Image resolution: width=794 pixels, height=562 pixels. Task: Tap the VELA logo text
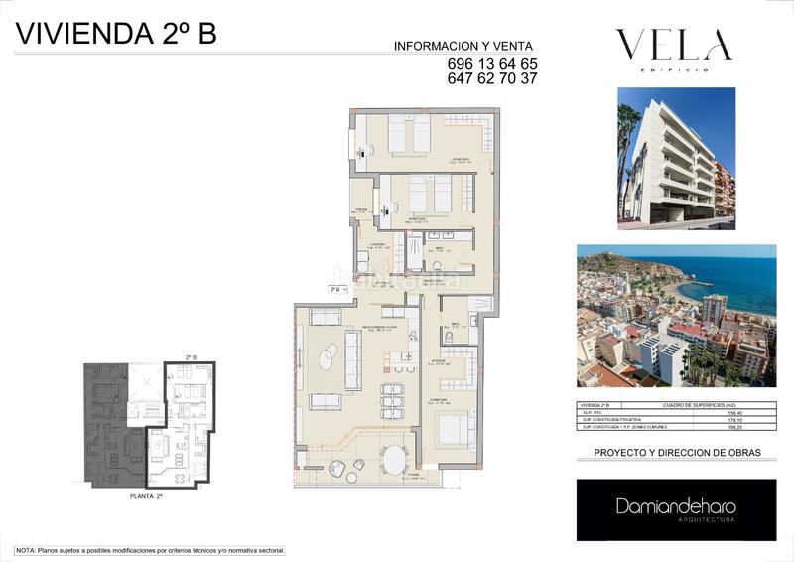click(x=674, y=45)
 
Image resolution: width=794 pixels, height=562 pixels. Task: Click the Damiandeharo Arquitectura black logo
click(x=676, y=509)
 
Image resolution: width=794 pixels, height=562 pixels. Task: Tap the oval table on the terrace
click(x=395, y=460)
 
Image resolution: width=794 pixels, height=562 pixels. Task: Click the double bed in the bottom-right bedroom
click(x=454, y=429)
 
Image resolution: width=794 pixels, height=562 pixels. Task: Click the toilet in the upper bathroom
click(x=437, y=267)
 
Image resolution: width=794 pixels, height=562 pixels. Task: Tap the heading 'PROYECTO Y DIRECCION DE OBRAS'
click(x=677, y=453)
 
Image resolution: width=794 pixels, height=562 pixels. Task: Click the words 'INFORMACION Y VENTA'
click(x=463, y=46)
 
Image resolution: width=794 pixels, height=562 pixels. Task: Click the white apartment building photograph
click(x=676, y=154)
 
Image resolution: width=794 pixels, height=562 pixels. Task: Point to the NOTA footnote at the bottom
click(x=150, y=549)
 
